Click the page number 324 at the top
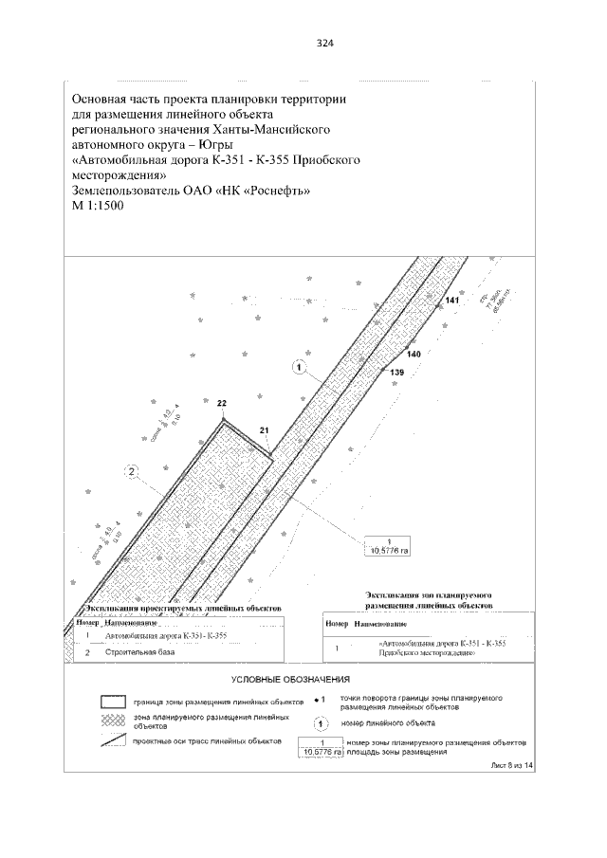tap(325, 43)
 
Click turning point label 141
tap(452, 301)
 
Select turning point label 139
tap(396, 374)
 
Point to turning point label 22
tap(222, 404)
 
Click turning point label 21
tap(265, 430)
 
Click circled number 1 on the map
tap(299, 368)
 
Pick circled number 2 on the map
tap(132, 470)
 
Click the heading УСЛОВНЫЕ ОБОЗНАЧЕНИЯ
tap(291, 680)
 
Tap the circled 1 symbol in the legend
tap(322, 723)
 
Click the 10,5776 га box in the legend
tap(322, 747)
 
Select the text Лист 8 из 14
tap(512, 763)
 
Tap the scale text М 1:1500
tap(98, 206)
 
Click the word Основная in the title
tap(103, 99)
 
